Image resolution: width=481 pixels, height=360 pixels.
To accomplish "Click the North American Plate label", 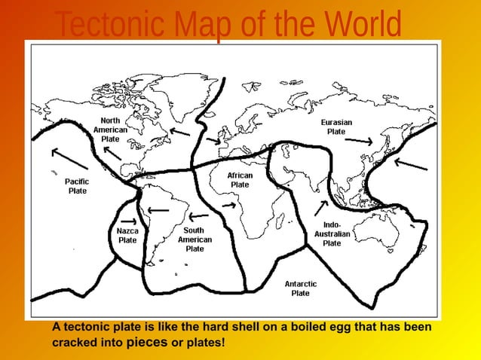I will click(x=110, y=130).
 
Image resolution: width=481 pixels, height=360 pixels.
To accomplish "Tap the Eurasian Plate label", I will click(x=336, y=127).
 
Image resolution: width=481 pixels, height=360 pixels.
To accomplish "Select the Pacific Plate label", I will click(x=77, y=186).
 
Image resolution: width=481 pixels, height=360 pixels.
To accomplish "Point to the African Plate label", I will click(x=240, y=180).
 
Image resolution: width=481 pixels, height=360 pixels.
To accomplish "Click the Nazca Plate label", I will click(x=127, y=235).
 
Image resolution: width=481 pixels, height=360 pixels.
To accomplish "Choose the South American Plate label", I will click(x=195, y=239).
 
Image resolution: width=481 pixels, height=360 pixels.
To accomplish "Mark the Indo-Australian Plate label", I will click(x=332, y=233).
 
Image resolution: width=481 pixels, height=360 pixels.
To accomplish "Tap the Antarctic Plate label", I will click(x=300, y=288).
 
